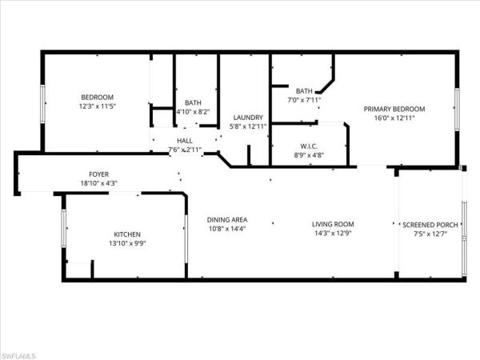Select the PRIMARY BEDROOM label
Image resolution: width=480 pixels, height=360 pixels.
394,109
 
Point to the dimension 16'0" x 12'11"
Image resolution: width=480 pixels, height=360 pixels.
394,118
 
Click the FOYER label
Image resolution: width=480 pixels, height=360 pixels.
98,174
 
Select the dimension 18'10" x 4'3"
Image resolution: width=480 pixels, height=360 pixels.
98,183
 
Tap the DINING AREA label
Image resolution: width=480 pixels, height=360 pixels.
227,220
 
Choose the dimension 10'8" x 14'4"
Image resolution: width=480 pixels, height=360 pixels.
227,230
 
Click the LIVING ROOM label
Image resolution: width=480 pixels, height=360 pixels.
333,224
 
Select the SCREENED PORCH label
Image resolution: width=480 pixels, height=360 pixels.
430,225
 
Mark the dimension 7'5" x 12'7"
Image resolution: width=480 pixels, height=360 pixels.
430,234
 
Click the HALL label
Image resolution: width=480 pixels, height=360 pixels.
184,140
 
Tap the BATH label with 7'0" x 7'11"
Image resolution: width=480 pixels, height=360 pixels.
303,91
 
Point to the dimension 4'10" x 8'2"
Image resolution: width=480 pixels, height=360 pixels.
193,112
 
